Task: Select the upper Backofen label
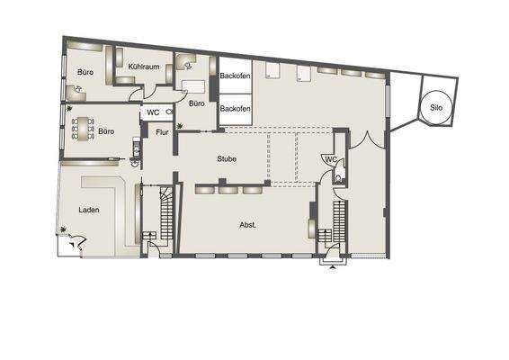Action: tap(235, 76)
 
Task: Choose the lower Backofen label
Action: tap(235, 108)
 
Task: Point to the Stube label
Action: tap(227, 158)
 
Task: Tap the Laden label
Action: tap(88, 210)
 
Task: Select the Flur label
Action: tap(163, 133)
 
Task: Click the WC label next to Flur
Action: tap(154, 113)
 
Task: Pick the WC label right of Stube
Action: tap(330, 160)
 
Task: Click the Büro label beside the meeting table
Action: tap(106, 131)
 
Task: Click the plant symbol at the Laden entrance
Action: tap(65, 231)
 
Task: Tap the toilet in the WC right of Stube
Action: tap(337, 178)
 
